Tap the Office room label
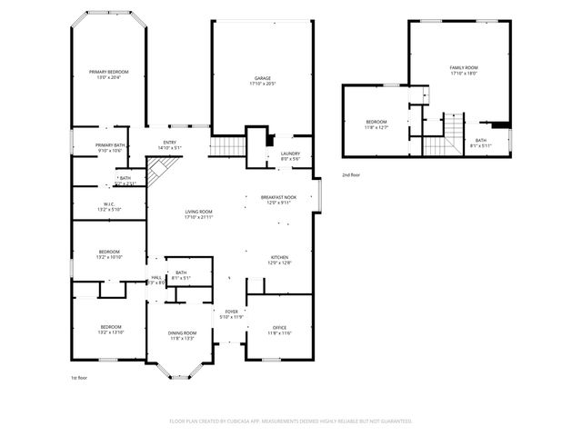[x=279, y=330]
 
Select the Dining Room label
[x=182, y=335]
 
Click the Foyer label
[x=232, y=314]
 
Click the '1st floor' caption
[x=80, y=377]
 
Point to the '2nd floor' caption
[x=350, y=174]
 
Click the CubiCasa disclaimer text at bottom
[x=290, y=421]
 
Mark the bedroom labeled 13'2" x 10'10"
[x=110, y=254]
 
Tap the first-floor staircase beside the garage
[x=224, y=147]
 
